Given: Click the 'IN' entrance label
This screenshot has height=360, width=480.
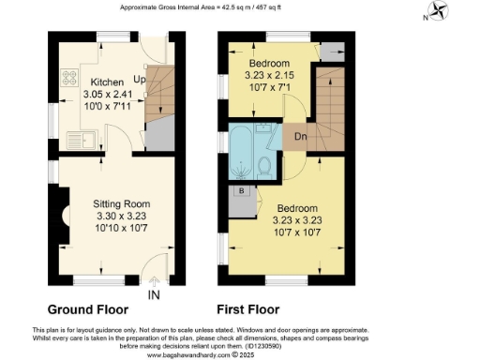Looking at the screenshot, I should tap(154, 295).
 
